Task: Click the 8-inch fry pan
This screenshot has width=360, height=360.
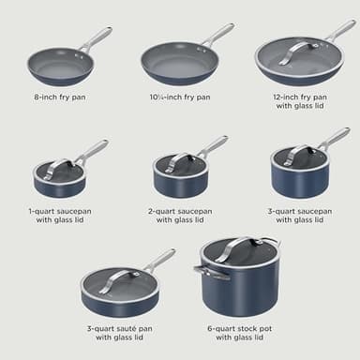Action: pos(58,66)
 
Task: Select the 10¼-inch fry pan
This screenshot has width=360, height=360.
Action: pos(179,64)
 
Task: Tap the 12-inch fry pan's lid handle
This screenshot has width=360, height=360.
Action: pos(298,49)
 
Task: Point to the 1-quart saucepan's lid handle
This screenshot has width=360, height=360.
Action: pos(60,165)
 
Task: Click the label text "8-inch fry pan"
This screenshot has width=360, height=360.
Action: pos(59,97)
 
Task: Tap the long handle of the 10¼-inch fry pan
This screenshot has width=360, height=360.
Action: pos(217,35)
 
